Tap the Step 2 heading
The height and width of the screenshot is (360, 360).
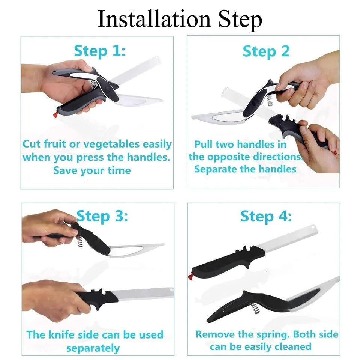click(x=266, y=51)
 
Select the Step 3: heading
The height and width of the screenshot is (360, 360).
click(x=102, y=217)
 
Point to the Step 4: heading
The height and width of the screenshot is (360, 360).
click(x=265, y=217)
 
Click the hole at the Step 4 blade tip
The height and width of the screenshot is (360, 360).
click(x=312, y=228)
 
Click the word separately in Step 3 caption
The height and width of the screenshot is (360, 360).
click(x=93, y=348)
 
